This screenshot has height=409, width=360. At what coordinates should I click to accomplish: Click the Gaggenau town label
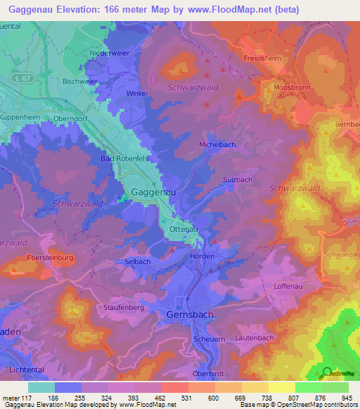154,191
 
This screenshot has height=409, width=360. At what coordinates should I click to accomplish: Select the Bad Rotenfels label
124,160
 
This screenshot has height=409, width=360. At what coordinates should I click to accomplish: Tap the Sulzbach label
238,180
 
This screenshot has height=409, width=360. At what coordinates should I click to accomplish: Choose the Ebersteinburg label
51,258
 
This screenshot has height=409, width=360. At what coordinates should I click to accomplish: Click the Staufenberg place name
124,308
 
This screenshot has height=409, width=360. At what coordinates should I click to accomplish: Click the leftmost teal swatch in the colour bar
41,387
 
